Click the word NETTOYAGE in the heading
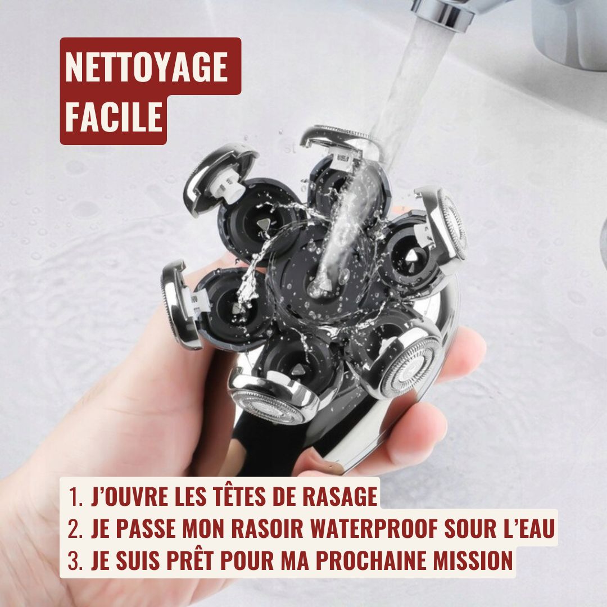[x=146, y=67]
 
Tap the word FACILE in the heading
[x=114, y=116]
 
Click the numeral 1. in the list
[x=75, y=497]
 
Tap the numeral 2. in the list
[x=75, y=529]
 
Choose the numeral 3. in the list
[x=75, y=560]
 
